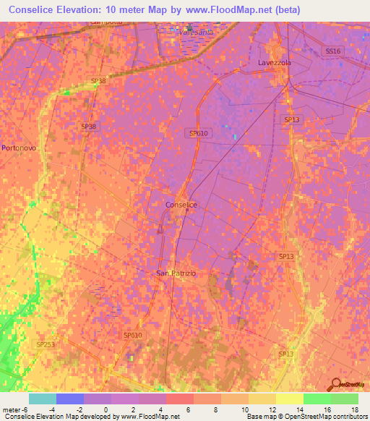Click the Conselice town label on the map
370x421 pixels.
[181, 205]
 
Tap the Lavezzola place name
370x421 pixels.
[274, 63]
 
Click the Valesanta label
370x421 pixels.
[197, 33]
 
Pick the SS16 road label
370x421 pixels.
[332, 51]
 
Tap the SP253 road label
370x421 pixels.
[45, 345]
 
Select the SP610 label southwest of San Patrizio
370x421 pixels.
[132, 335]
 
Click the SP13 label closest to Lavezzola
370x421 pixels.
[291, 119]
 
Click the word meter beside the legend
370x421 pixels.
[10, 409]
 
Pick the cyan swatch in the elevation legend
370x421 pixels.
[43, 399]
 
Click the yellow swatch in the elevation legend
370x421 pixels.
[289, 399]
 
